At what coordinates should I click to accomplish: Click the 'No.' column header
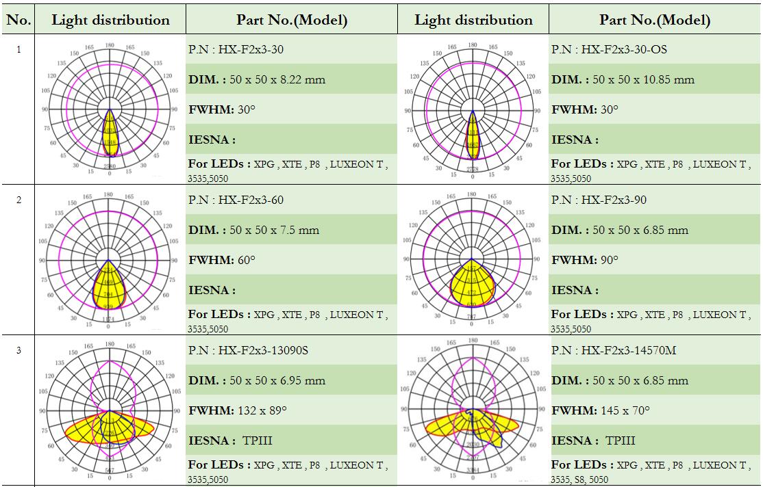point(18,20)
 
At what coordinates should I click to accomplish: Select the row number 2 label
point(18,200)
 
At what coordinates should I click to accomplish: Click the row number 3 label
point(18,351)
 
